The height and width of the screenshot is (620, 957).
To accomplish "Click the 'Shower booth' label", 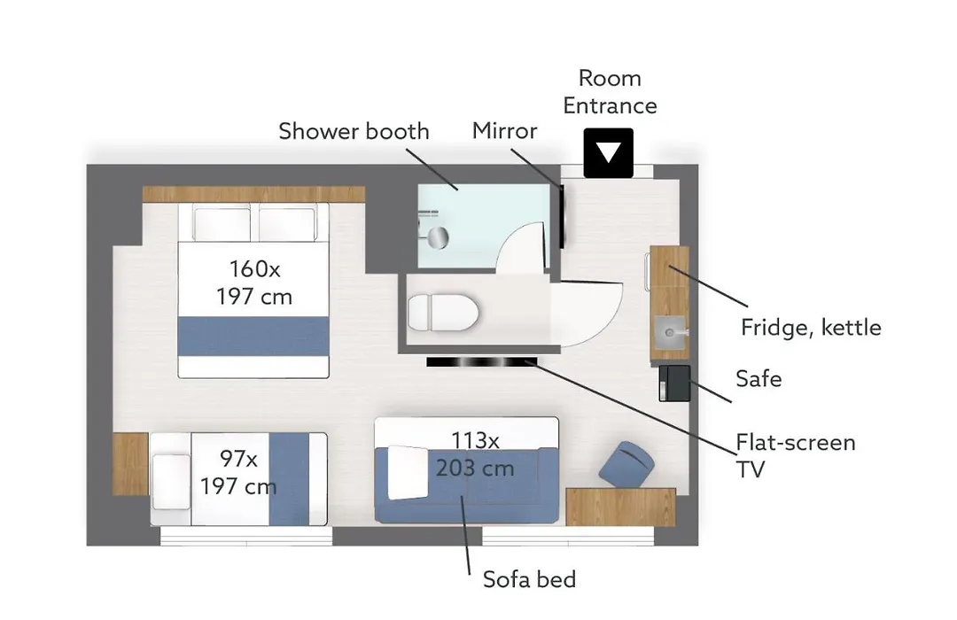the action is coord(354,131).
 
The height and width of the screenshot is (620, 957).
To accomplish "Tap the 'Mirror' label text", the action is coord(505,130).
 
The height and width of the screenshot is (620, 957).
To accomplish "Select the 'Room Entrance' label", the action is coord(610,91).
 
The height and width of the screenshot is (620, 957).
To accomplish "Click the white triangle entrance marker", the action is coord(608,152).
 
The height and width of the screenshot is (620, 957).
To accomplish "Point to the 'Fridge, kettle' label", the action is coord(811,328).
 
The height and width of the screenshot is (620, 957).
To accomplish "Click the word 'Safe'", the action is coord(759,378).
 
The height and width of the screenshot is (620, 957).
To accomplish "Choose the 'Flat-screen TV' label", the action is coord(795,455).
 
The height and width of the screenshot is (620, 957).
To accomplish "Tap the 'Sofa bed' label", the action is coord(529,579).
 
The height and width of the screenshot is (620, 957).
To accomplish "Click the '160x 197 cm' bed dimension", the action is coord(254,283).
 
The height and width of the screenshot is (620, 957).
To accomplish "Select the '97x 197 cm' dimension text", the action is coord(238,472).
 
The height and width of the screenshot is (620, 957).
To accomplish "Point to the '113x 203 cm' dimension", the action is coord(475,454).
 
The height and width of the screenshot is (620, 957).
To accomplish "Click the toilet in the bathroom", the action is coord(442,313).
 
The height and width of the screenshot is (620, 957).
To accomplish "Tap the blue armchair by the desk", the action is coord(626,465).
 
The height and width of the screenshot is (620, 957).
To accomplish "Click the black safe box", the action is coord(674,384).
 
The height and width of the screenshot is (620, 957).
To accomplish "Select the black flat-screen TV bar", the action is coord(481,362).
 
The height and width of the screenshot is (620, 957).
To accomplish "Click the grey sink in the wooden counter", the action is coord(670,333).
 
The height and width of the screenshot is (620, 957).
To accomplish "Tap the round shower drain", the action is coord(438,238).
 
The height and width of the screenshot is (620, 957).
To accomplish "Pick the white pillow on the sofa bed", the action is coord(408,472).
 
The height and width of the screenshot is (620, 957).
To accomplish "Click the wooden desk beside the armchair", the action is coord(620,507).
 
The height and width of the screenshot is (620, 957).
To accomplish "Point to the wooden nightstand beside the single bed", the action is coord(130,464).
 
